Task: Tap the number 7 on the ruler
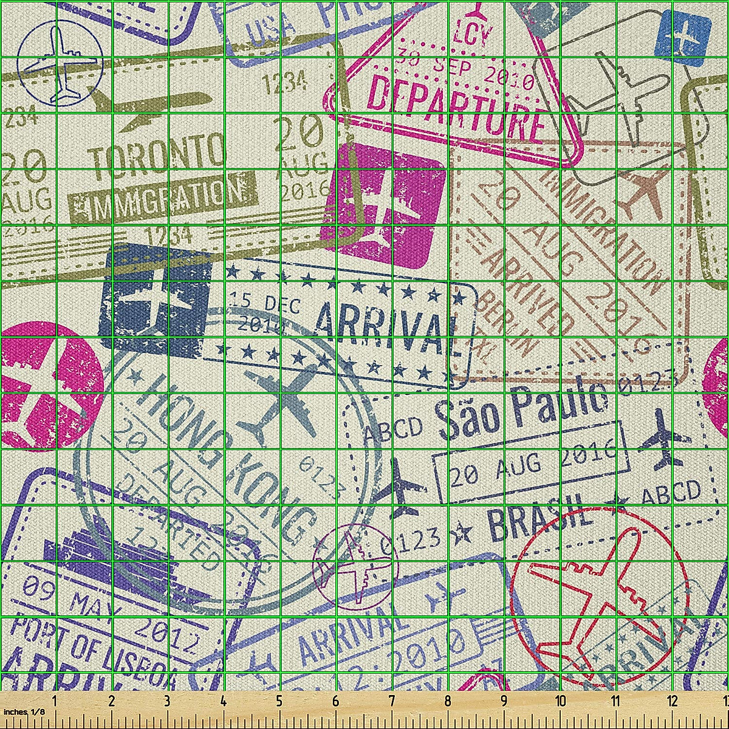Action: point(391,702)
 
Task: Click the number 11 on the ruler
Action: point(615,702)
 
